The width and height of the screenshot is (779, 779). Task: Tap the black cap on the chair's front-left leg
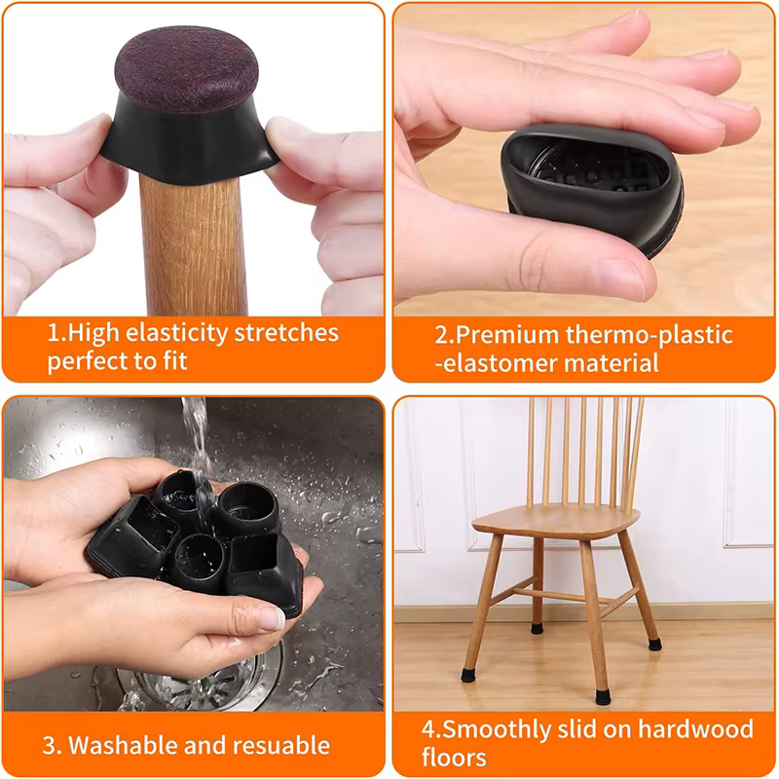pyautogui.click(x=468, y=675)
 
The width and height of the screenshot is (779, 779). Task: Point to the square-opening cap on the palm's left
pyautogui.click(x=136, y=531)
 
